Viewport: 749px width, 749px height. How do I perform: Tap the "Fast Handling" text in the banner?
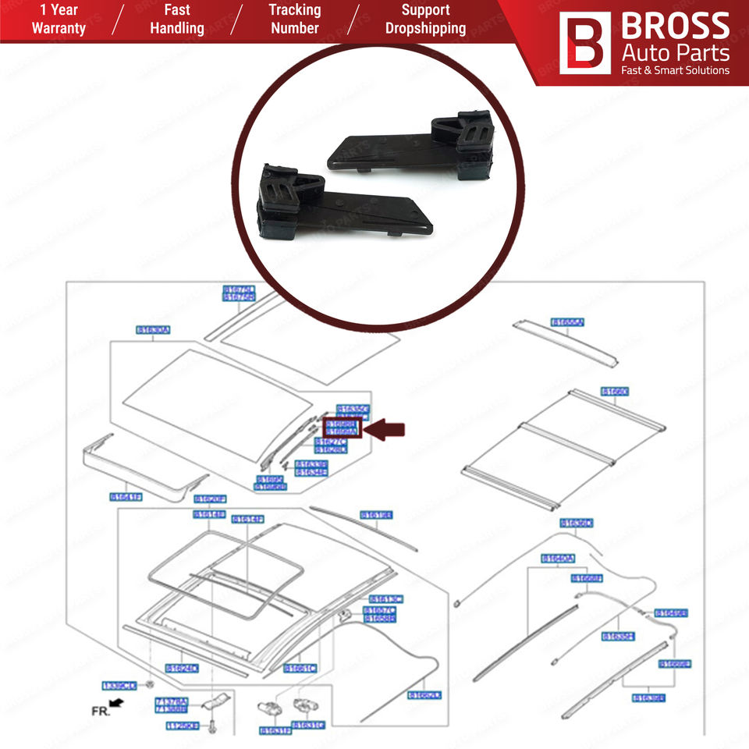coord(176,19)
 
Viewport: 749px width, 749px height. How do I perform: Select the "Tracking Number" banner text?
coord(294,19)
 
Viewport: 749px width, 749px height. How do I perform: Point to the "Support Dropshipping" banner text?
coord(425,19)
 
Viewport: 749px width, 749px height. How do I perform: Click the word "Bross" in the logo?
coord(674,27)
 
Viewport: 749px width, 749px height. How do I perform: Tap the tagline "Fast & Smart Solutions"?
coord(674,70)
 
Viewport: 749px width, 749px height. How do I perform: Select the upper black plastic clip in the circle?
coord(421,148)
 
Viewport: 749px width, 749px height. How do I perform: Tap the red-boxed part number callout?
coord(341,428)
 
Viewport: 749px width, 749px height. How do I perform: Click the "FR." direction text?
coord(100,712)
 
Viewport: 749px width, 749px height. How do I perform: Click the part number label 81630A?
coord(153,330)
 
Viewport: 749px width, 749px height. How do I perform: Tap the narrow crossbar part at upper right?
coord(567,343)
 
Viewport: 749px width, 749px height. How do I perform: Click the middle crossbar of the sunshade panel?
coord(562,433)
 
